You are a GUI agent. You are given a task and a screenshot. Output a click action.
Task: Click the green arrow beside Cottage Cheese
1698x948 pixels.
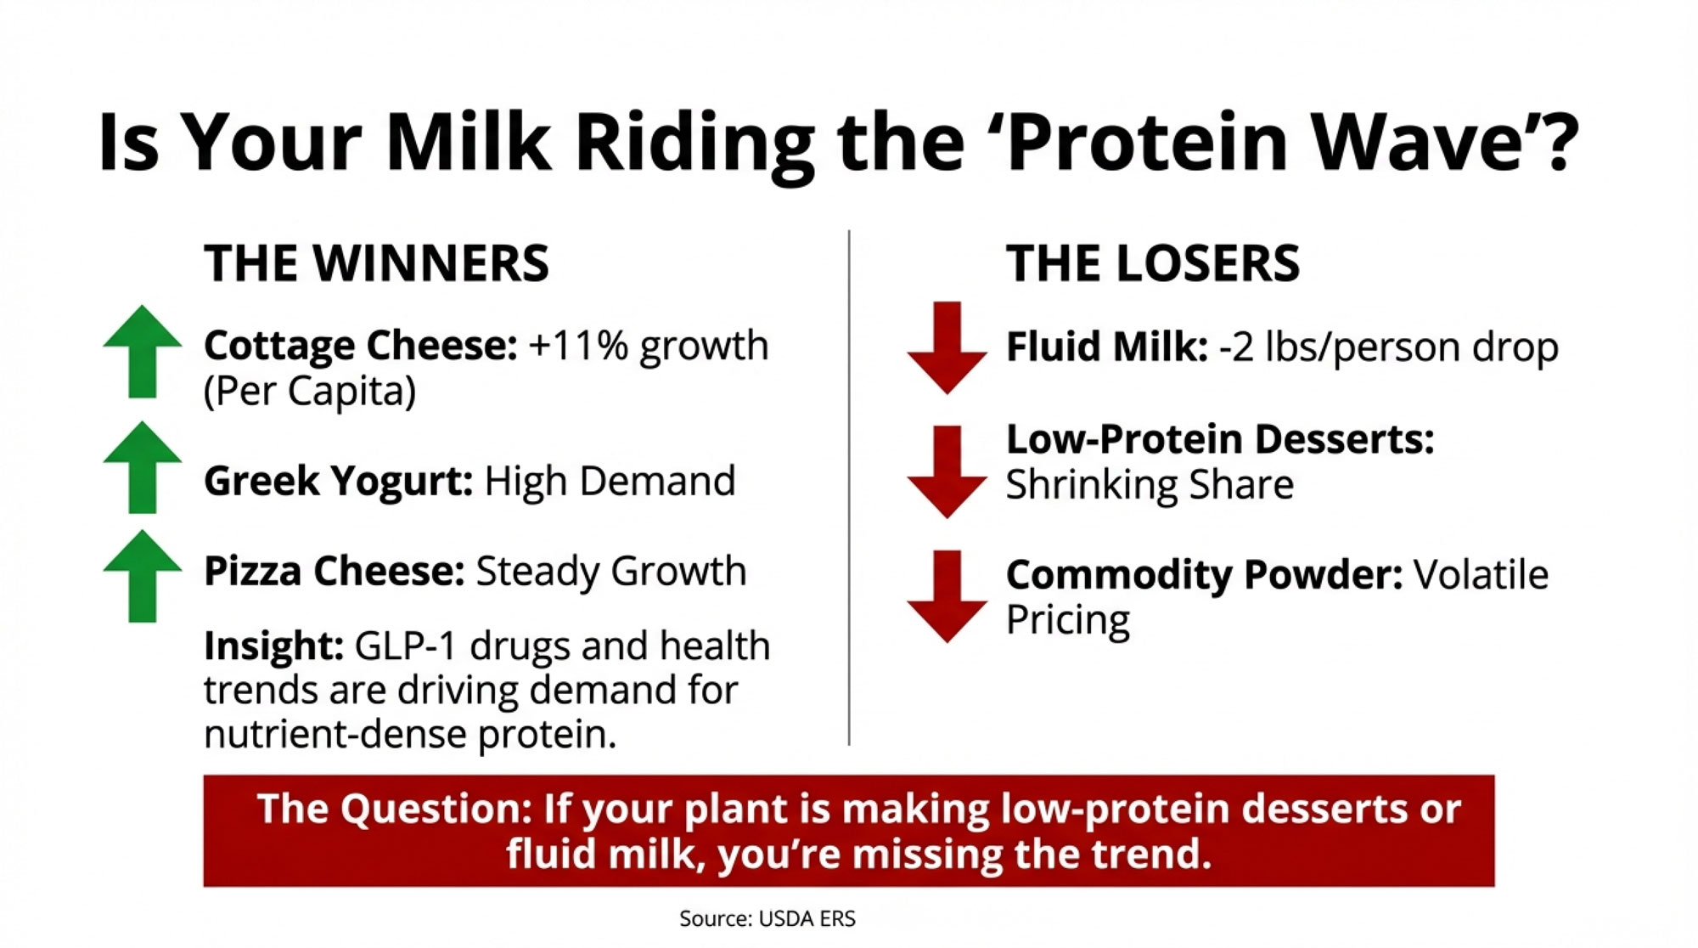pyautogui.click(x=143, y=352)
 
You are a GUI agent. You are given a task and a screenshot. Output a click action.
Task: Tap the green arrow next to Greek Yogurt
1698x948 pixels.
pyautogui.click(x=143, y=467)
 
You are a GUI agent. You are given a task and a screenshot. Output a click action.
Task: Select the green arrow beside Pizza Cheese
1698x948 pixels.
pyautogui.click(x=143, y=576)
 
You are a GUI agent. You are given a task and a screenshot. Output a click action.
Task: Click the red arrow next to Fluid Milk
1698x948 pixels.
pyautogui.click(x=947, y=347)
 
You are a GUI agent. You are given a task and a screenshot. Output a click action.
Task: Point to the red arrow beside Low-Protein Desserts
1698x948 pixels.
pyautogui.click(x=947, y=471)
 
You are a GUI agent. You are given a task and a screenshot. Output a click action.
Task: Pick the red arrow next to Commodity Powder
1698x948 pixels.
pyautogui.click(x=947, y=596)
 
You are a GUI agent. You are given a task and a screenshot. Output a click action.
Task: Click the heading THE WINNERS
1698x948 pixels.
pyautogui.click(x=376, y=263)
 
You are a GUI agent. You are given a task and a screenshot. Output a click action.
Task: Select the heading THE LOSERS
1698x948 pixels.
pyautogui.click(x=1153, y=263)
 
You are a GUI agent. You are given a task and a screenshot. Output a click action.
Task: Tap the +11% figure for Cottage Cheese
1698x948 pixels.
pyautogui.click(x=578, y=346)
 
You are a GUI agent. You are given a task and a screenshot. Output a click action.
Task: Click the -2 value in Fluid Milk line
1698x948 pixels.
pyautogui.click(x=1236, y=347)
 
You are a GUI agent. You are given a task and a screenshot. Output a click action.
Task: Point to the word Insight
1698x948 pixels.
pyautogui.click(x=273, y=646)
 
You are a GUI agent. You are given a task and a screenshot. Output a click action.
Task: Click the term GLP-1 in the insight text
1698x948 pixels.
pyautogui.click(x=406, y=646)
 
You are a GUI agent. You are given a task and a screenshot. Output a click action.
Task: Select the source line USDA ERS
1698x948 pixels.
pyautogui.click(x=767, y=918)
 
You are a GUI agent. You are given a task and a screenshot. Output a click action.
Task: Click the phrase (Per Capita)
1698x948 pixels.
pyautogui.click(x=310, y=392)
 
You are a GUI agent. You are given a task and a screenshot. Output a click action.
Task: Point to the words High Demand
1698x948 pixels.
pyautogui.click(x=610, y=481)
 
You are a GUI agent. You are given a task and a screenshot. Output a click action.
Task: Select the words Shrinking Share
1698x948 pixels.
pyautogui.click(x=1150, y=485)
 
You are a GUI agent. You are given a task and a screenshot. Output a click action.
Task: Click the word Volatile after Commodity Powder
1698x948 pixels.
pyautogui.click(x=1481, y=575)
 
